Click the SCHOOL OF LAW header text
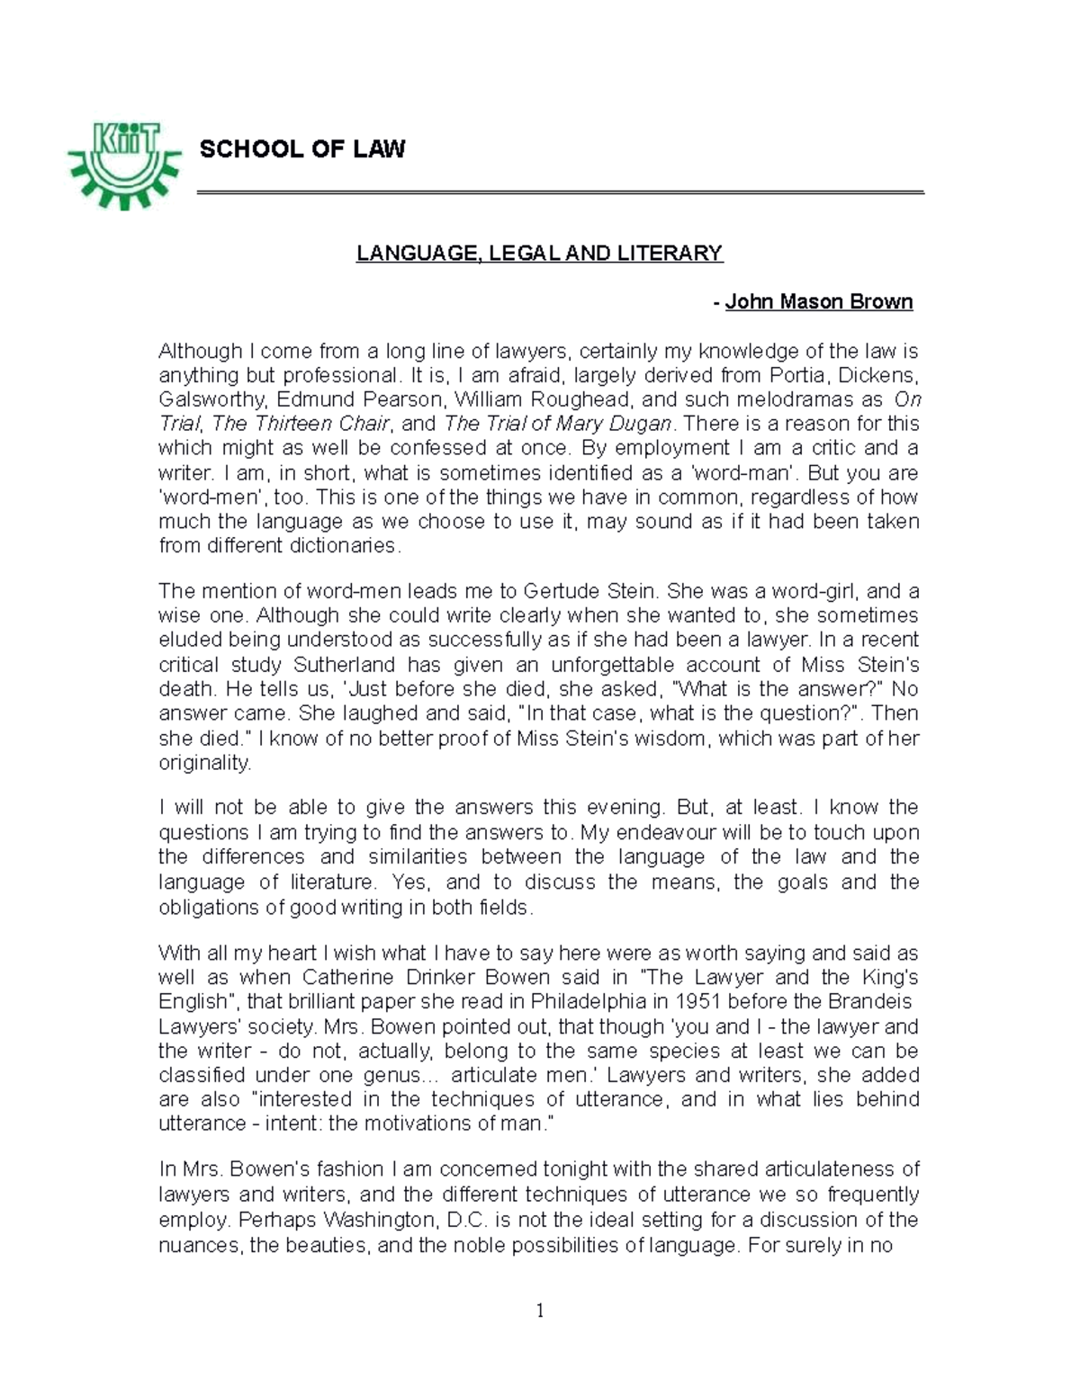302,149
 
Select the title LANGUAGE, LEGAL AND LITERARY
539,254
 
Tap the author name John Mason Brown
819,302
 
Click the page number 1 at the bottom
540,1311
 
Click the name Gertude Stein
591,592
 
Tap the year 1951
671,1002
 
